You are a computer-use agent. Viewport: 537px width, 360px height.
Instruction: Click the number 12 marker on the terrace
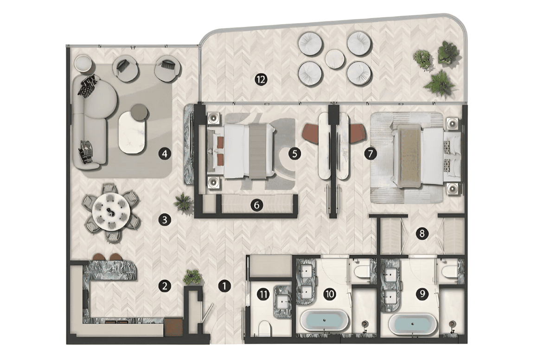[261, 80]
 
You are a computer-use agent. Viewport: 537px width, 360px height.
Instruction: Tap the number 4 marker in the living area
[165, 154]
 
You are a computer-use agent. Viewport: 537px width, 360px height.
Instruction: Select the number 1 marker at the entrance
[224, 286]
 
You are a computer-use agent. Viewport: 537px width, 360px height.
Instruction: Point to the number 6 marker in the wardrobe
[256, 205]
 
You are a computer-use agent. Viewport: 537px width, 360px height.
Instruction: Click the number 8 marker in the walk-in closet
[422, 234]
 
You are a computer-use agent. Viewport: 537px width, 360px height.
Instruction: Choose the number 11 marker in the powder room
[263, 294]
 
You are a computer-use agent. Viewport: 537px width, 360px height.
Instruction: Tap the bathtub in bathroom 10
[324, 321]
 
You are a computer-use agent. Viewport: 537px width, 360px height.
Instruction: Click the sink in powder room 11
[283, 302]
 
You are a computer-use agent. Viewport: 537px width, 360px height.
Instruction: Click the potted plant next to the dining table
[183, 202]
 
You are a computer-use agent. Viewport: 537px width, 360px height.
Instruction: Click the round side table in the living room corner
[83, 64]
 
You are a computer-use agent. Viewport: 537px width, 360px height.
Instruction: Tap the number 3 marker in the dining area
[165, 219]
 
